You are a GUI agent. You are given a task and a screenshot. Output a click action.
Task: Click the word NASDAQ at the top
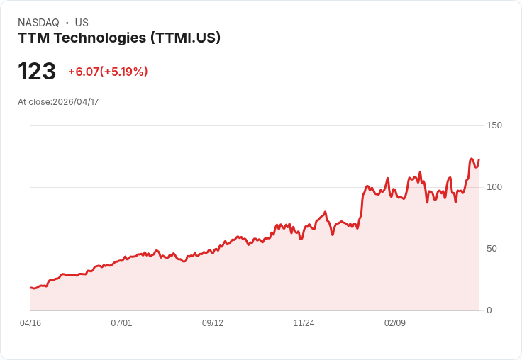click(38, 23)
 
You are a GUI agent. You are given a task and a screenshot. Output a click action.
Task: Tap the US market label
click(82, 23)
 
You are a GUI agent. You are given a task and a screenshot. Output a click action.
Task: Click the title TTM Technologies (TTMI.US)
click(119, 38)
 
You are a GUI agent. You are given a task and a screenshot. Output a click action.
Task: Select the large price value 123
click(37, 72)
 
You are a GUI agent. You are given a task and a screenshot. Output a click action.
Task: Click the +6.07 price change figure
click(83, 72)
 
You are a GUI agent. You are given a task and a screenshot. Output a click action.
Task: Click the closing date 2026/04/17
click(76, 102)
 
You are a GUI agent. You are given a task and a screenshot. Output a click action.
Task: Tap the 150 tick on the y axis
click(494, 125)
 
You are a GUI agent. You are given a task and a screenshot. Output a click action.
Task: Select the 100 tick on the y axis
click(494, 187)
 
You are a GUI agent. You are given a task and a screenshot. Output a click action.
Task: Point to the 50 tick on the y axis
click(492, 249)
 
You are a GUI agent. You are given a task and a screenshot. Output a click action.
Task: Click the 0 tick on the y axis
click(489, 310)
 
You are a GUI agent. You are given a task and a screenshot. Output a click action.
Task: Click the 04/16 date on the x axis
click(30, 323)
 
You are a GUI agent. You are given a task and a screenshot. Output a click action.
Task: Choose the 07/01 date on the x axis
click(121, 323)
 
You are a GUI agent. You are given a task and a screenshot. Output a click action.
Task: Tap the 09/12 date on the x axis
click(213, 323)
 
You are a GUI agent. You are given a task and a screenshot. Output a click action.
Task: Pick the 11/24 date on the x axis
click(304, 323)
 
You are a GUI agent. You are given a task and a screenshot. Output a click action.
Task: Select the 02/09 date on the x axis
click(395, 323)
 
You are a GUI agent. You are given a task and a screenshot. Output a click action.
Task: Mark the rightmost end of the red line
click(479, 160)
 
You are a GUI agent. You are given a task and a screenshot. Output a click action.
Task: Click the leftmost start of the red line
click(31, 287)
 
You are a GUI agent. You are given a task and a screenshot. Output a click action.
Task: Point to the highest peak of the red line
click(472, 159)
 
